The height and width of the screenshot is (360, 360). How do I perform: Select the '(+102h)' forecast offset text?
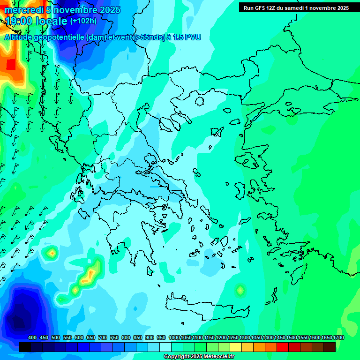83,21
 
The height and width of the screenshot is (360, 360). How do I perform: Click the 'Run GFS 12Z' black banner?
294,7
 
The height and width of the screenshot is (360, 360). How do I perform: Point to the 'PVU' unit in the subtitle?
192,37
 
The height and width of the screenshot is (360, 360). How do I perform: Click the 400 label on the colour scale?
32,337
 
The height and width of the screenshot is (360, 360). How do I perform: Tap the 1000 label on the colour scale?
174,337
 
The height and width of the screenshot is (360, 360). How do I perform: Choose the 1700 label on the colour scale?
338,337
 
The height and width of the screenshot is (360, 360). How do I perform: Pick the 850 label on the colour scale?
138,337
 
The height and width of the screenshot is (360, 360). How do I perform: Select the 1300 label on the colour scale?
245,337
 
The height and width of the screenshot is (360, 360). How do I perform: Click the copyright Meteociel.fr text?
199,356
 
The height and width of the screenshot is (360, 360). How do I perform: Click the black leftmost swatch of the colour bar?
25,347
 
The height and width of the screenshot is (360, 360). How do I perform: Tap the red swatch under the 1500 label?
282,347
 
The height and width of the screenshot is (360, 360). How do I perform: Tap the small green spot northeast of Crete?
240,290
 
